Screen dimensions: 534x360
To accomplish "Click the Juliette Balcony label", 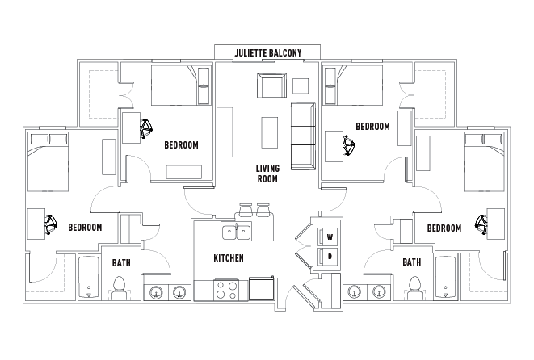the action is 268,53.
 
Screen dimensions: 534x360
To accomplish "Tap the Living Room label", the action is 267,174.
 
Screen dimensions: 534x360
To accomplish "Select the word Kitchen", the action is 229,258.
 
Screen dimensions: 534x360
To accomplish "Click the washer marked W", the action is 328,237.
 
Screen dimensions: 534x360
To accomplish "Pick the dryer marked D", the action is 328,256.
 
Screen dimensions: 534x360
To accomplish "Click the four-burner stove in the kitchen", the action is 226,290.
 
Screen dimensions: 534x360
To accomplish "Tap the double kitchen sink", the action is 236,233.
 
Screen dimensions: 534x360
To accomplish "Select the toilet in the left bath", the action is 119,288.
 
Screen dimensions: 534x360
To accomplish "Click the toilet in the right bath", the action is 414,288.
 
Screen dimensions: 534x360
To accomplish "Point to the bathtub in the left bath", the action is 89,278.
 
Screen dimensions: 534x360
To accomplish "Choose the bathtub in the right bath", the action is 445,278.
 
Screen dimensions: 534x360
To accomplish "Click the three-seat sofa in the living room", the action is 303,136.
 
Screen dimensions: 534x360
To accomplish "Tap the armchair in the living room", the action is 271,85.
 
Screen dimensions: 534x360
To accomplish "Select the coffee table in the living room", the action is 269,132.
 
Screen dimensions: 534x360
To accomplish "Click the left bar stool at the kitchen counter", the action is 246,210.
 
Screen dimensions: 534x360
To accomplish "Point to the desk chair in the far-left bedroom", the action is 51,224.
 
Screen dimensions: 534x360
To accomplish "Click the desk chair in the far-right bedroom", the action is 481,224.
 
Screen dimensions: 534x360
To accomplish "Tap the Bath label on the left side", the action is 121,263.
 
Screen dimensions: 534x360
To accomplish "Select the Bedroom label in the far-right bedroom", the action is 444,228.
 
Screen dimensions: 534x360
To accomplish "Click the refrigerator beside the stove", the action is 262,288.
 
